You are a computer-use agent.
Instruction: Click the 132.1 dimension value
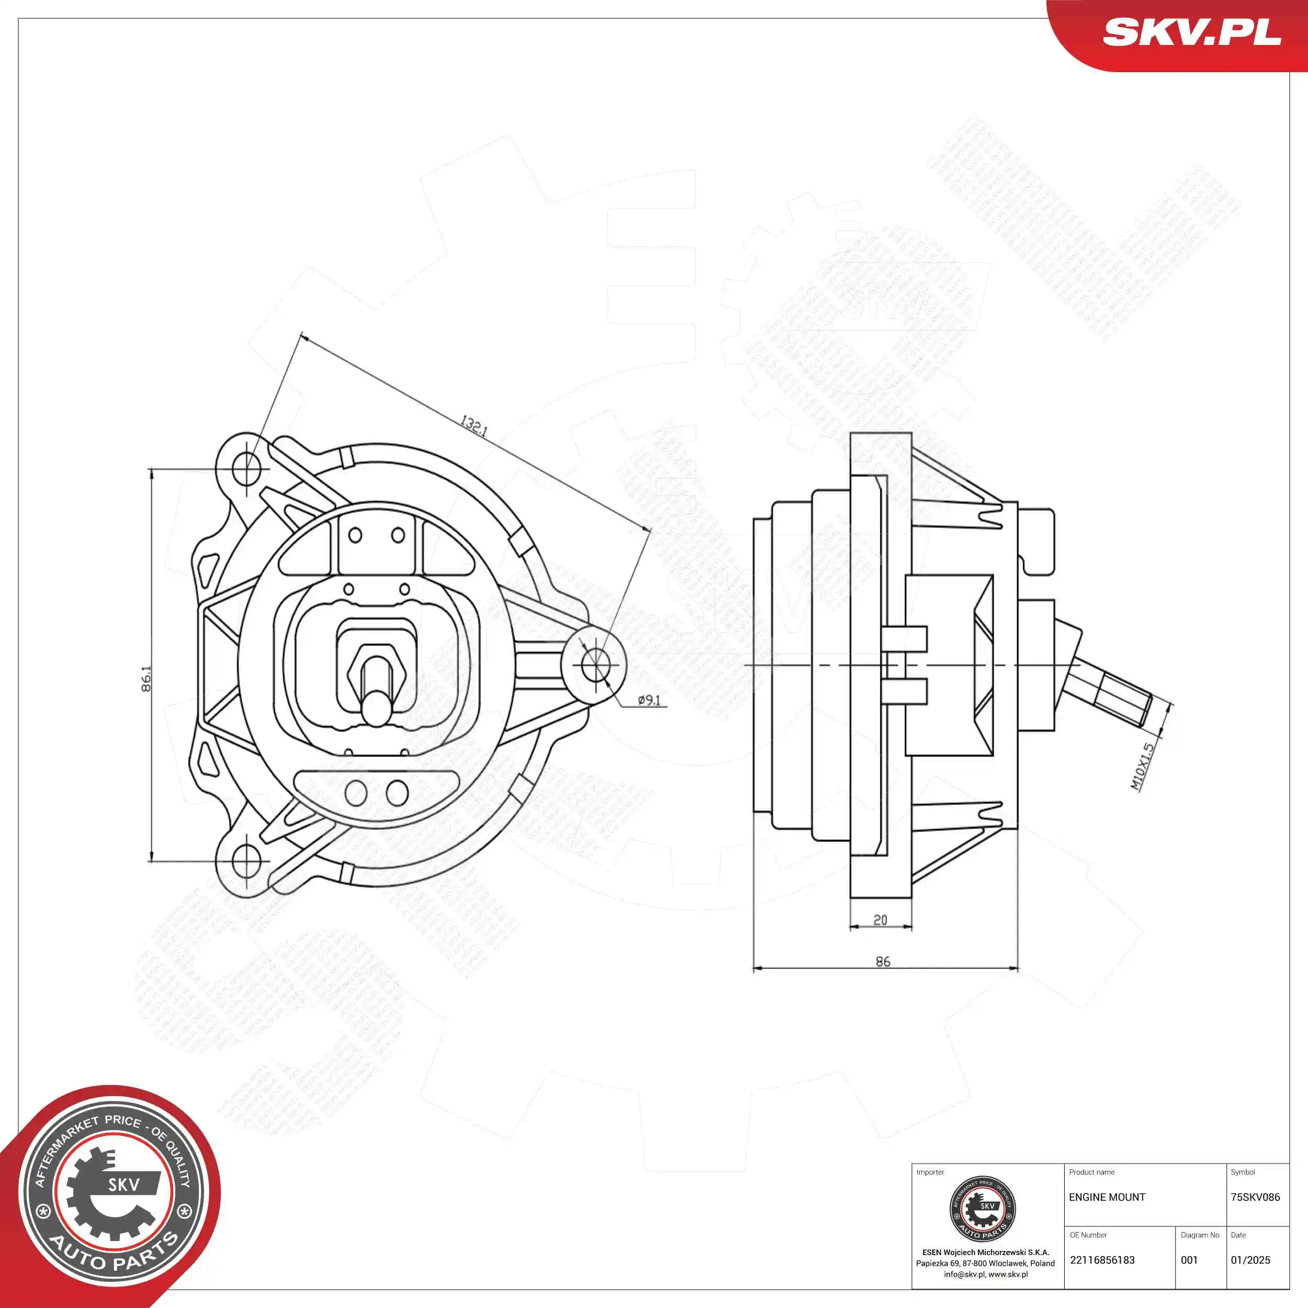[474, 426]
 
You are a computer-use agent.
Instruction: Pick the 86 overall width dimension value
[883, 961]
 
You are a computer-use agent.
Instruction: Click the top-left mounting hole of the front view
[246, 468]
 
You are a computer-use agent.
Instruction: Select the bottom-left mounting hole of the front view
[246, 861]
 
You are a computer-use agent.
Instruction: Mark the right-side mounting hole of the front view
[595, 665]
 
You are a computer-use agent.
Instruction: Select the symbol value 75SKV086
[1255, 1197]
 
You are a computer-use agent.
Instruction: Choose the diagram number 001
[1189, 1260]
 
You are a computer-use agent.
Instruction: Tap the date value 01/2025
[1250, 1260]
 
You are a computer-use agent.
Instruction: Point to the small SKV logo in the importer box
[983, 1209]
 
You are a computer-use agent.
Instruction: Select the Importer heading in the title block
[930, 1172]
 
